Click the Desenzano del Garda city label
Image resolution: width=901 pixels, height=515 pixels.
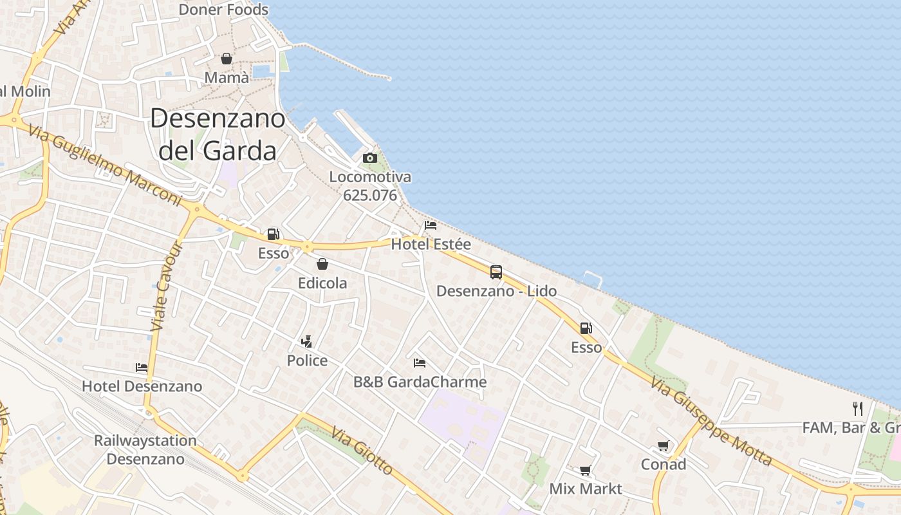click(x=218, y=134)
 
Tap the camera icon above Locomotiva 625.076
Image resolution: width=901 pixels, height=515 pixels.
click(x=369, y=158)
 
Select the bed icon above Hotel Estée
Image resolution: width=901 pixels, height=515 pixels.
click(x=431, y=225)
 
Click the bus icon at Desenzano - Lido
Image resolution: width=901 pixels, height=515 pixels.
click(x=496, y=272)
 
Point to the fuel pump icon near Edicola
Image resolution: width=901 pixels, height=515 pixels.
click(x=274, y=234)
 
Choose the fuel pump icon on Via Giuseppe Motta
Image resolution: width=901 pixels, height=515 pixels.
click(x=586, y=328)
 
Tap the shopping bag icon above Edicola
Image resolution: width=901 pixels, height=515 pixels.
click(x=322, y=264)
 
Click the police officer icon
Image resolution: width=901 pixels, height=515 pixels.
click(x=307, y=341)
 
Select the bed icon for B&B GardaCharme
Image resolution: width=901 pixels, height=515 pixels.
click(x=420, y=363)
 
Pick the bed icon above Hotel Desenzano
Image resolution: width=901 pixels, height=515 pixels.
click(x=142, y=368)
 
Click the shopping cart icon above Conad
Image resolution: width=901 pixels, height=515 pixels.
click(x=663, y=445)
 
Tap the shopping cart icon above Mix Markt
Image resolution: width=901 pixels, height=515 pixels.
click(x=585, y=470)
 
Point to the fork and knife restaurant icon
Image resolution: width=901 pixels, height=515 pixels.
click(x=857, y=408)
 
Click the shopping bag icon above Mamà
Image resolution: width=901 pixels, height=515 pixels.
click(x=227, y=59)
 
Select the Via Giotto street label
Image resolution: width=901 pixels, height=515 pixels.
click(x=362, y=451)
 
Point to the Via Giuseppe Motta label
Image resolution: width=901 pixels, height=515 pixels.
click(x=711, y=421)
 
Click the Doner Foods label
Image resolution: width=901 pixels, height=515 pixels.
click(x=223, y=10)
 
